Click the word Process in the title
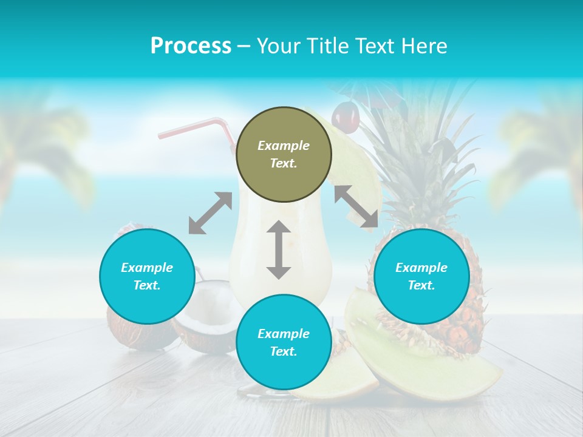pyautogui.click(x=191, y=46)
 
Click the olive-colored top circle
pyautogui.click(x=284, y=155)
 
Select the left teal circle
pyautogui.click(x=147, y=276)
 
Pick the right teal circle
pyautogui.click(x=421, y=276)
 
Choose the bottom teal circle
pyautogui.click(x=284, y=342)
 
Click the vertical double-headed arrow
pyautogui.click(x=279, y=249)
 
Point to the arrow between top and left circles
pyautogui.click(x=210, y=213)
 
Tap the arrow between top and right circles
pyautogui.click(x=356, y=207)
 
